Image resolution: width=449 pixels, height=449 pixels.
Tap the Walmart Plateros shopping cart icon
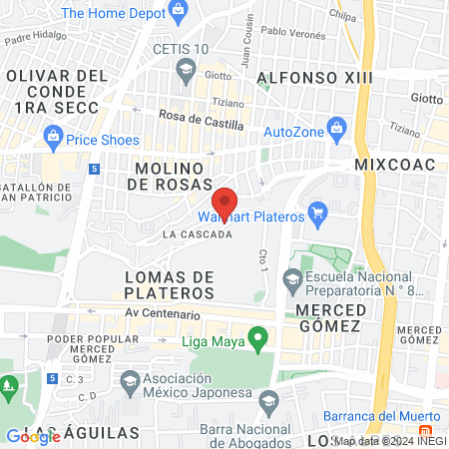point(319,212)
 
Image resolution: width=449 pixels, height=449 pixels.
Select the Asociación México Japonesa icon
point(130,380)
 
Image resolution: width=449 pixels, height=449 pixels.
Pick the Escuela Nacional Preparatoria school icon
point(293,278)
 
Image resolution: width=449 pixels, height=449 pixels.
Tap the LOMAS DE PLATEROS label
point(170,284)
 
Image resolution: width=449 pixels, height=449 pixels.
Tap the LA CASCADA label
point(198,235)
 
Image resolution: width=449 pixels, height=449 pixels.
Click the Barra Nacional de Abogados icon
point(267,401)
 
